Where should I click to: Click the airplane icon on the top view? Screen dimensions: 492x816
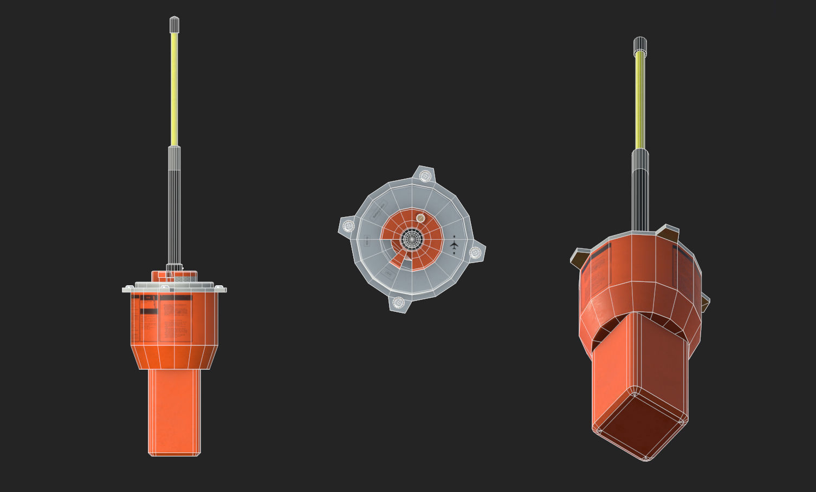click(454, 245)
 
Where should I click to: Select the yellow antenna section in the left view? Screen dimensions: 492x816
click(174, 89)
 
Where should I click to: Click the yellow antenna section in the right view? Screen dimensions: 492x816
click(640, 100)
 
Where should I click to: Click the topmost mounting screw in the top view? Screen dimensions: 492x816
click(425, 175)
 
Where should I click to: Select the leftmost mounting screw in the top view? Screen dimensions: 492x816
click(348, 225)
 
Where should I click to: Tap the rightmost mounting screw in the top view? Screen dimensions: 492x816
click(475, 252)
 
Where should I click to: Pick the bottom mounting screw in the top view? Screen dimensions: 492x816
click(398, 302)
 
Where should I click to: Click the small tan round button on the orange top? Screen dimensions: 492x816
click(420, 218)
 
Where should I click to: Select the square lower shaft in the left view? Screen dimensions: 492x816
click(174, 411)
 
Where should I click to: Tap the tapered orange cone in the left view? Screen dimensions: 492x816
click(174, 357)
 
